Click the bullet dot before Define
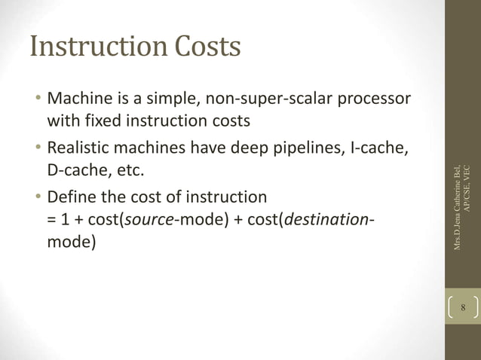pos(37,198)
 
